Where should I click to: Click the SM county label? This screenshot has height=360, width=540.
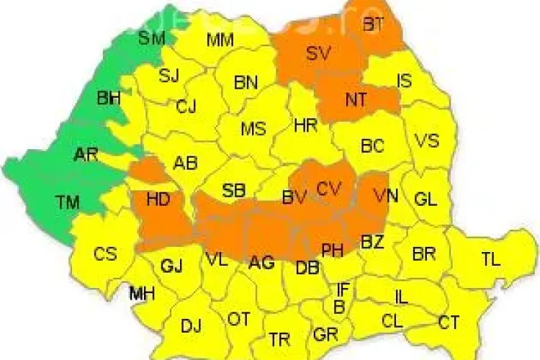tap(152, 38)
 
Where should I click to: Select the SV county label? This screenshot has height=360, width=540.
tap(317, 53)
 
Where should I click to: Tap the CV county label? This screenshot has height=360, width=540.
tap(328, 189)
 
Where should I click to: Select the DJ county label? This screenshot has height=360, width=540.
tap(191, 326)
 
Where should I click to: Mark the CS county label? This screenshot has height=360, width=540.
tap(105, 254)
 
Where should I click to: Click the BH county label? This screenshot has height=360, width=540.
tap(109, 98)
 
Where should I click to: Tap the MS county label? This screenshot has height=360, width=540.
tap(253, 130)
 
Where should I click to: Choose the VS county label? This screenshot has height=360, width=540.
tap(427, 140)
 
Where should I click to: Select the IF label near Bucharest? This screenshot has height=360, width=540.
tap(343, 290)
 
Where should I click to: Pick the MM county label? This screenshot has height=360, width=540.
tap(220, 40)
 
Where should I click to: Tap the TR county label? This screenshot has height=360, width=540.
tap(279, 338)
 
